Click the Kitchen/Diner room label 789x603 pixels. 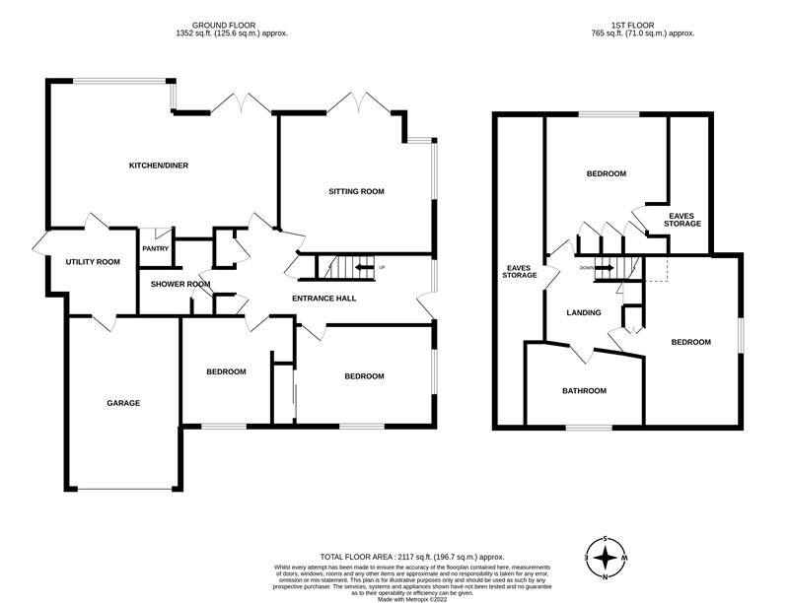pyautogui.click(x=159, y=166)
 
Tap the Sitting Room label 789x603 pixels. pyautogui.click(x=356, y=191)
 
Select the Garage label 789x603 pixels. pyautogui.click(x=124, y=403)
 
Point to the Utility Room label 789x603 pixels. pyautogui.click(x=93, y=262)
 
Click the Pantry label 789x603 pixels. pyautogui.click(x=156, y=248)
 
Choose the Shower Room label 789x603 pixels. pyautogui.click(x=180, y=285)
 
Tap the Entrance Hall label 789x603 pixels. pyautogui.click(x=324, y=298)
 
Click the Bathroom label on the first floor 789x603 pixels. pyautogui.click(x=584, y=391)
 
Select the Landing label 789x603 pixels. pyautogui.click(x=584, y=312)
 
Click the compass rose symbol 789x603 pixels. pyautogui.click(x=606, y=559)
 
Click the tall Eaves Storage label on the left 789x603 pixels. pyautogui.click(x=520, y=271)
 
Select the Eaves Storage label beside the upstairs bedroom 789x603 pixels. pyautogui.click(x=684, y=220)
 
